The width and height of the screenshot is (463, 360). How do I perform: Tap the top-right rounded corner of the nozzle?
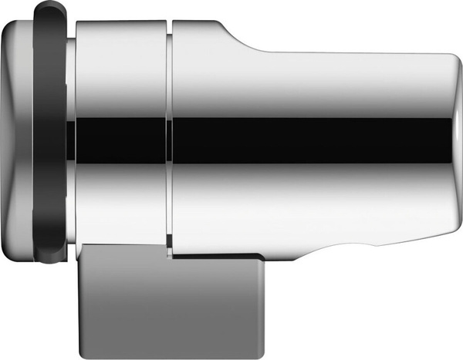tap(448, 62)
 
